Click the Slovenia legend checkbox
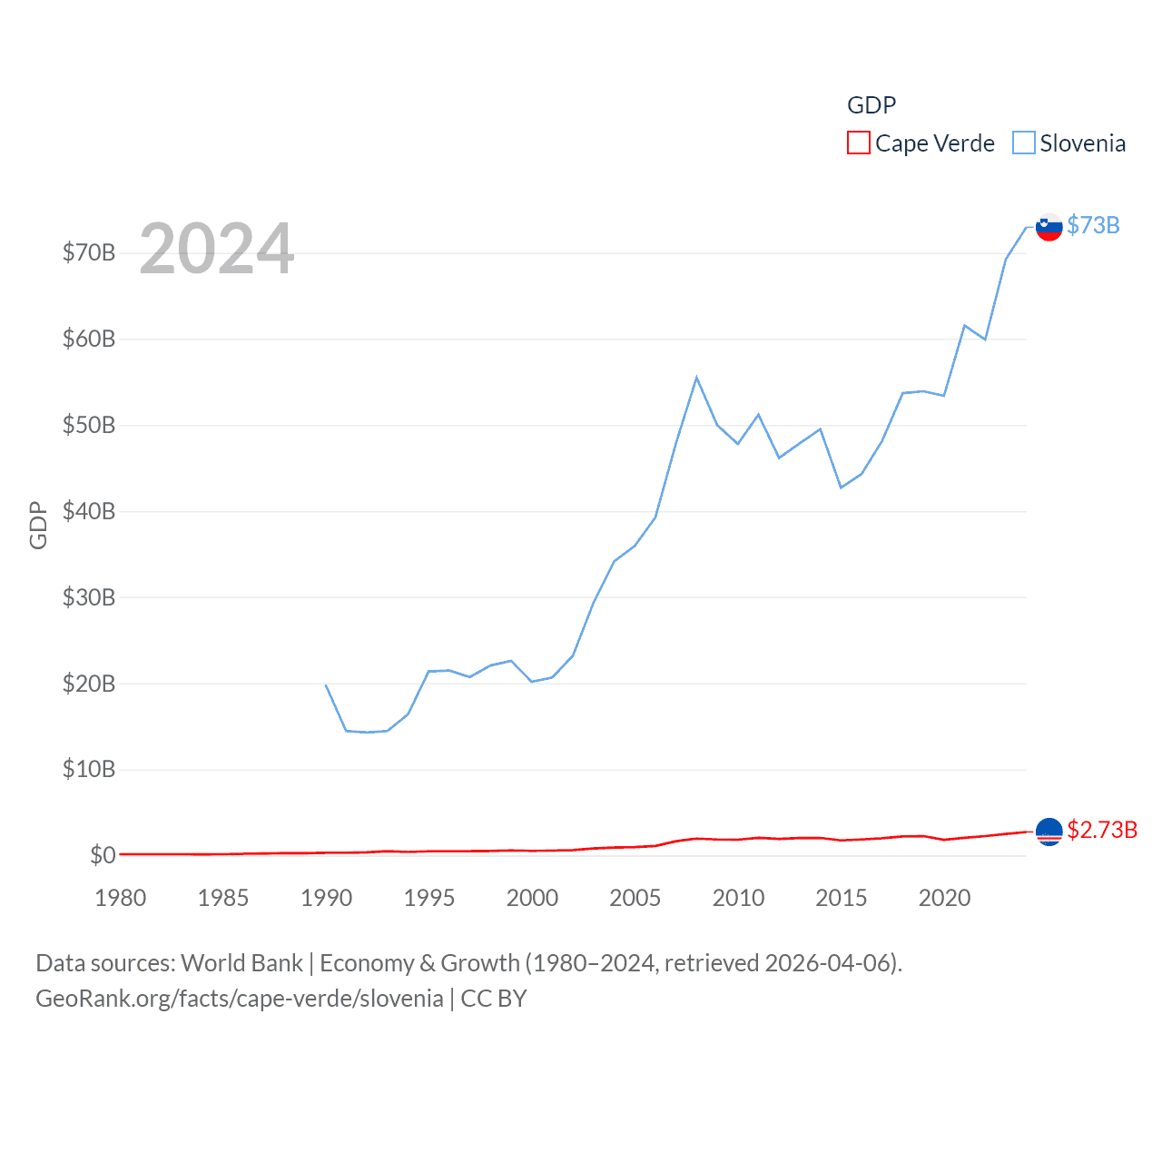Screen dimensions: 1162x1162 click(x=1023, y=143)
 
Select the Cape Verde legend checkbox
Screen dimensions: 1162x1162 click(x=858, y=143)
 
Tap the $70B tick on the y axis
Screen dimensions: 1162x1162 click(x=89, y=252)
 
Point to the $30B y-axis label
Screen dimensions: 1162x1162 click(x=89, y=597)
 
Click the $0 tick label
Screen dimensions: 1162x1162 click(x=103, y=855)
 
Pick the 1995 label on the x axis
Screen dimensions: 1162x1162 click(x=429, y=898)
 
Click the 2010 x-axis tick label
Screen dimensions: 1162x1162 click(x=738, y=898)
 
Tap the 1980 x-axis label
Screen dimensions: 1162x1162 click(x=121, y=898)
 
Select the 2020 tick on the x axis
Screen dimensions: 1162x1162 click(x=944, y=898)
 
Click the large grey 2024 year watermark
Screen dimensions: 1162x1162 click(x=217, y=248)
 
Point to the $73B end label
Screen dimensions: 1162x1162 click(x=1093, y=225)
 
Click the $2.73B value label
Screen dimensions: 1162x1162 click(x=1102, y=830)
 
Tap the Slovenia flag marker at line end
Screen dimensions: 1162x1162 click(x=1049, y=227)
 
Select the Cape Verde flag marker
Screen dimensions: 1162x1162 click(x=1049, y=832)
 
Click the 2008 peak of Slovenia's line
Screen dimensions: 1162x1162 click(x=696, y=378)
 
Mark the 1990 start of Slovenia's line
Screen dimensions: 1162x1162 click(x=326, y=684)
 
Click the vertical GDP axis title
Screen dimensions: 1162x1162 click(x=38, y=525)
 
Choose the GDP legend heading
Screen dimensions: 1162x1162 click(x=871, y=105)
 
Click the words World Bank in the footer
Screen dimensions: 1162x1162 click(x=242, y=962)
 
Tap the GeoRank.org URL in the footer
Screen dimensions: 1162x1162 click(x=240, y=999)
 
